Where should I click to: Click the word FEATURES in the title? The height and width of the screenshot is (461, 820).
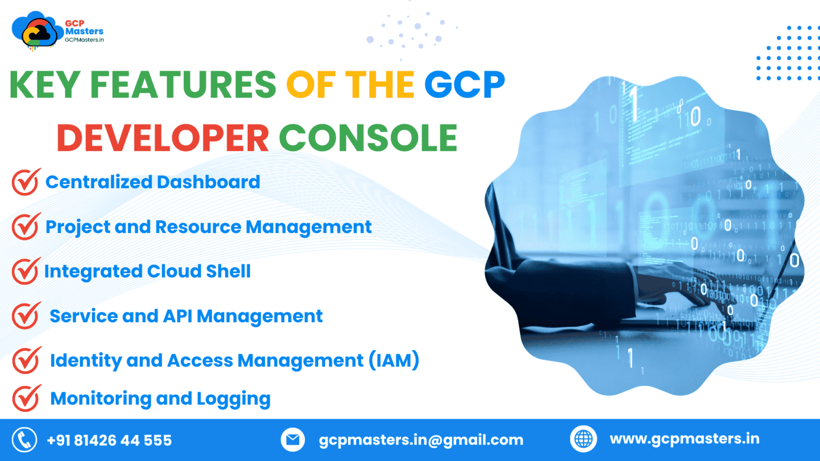[183, 85]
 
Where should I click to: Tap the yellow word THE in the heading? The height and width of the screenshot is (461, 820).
[380, 85]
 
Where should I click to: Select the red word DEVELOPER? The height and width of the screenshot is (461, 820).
[163, 138]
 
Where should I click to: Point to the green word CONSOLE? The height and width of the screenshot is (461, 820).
[368, 138]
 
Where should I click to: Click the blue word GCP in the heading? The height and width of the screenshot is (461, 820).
[464, 85]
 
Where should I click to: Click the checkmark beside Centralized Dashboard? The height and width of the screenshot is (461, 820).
[26, 182]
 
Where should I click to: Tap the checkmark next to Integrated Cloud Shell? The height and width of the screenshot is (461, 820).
[26, 272]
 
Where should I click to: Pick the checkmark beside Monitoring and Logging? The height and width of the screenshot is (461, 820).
[26, 399]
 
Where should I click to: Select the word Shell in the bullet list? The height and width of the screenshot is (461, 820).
[228, 272]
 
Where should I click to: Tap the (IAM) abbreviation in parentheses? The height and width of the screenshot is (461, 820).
[394, 361]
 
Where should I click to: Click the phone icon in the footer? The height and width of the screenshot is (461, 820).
[25, 440]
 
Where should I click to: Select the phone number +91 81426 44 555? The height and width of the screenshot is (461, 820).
[109, 441]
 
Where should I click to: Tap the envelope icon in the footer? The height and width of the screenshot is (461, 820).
[293, 440]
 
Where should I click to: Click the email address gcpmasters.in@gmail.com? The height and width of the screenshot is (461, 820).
[421, 440]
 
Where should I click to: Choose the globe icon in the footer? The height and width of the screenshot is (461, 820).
[583, 440]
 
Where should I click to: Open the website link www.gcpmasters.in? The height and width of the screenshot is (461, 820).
[684, 439]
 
